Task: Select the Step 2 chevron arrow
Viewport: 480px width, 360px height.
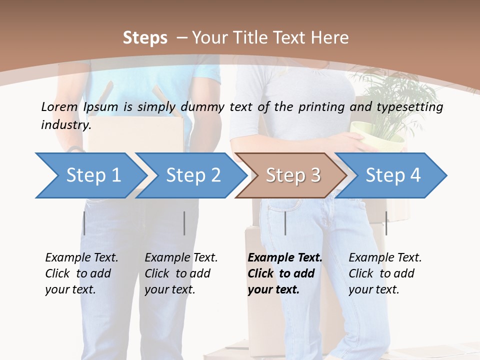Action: tap(193, 175)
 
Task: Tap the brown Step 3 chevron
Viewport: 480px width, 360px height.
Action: tap(293, 175)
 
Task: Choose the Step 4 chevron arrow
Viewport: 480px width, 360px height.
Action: tap(393, 175)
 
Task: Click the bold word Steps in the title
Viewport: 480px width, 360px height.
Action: tap(145, 37)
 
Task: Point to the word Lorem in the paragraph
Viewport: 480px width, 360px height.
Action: tap(59, 106)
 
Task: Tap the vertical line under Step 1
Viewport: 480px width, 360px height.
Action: tap(84, 223)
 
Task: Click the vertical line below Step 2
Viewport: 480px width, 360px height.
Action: tap(184, 223)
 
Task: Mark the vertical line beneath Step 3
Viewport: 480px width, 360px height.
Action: tap(285, 223)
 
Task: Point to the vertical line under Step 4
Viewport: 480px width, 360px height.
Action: tap(386, 223)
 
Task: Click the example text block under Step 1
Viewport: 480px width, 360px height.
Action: tap(81, 273)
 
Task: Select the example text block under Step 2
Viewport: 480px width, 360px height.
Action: tap(181, 273)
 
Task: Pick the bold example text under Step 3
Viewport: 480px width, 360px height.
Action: tap(285, 273)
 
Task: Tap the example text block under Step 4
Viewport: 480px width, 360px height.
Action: tap(385, 273)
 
